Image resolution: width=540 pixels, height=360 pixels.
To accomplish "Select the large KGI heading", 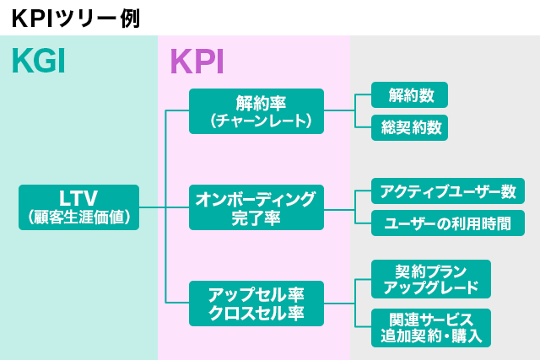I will (39, 62).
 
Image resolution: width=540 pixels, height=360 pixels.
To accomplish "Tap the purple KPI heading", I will (197, 62).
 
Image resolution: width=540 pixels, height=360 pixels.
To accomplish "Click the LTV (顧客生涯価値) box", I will (78, 207).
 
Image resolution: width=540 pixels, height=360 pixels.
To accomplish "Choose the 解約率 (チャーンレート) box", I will (256, 111).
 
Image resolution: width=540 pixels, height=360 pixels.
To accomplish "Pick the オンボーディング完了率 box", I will (256, 207).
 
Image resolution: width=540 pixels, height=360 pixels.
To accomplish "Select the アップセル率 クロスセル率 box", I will (256, 304).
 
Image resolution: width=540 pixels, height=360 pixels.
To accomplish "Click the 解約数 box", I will (409, 95).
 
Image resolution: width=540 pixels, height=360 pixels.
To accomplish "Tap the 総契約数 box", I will (409, 127).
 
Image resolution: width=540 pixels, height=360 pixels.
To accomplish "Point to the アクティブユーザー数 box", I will (448, 191).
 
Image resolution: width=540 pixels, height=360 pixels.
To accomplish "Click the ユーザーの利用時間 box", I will (448, 223).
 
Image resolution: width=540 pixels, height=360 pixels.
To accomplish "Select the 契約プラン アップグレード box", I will (430, 279).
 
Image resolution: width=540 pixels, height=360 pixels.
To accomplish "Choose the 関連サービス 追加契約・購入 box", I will (430, 328).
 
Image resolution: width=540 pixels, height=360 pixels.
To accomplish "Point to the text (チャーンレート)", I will (256, 121).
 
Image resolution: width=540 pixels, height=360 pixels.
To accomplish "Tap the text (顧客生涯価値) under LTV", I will (78, 217).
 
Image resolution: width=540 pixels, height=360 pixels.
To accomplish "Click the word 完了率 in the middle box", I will (256, 218).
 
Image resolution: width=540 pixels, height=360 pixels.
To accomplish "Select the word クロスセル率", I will (256, 314).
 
